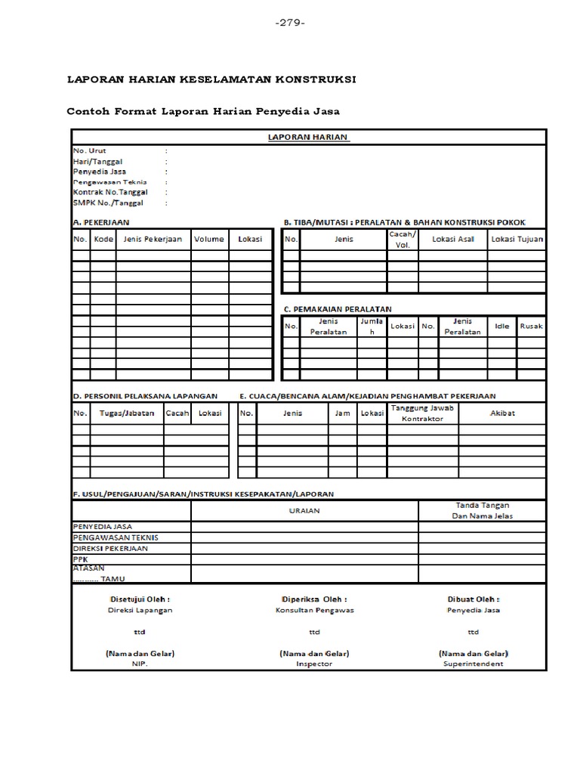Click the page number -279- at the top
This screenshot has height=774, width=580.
(x=290, y=22)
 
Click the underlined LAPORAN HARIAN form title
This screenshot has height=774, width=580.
(x=308, y=137)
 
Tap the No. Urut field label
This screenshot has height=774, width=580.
(x=90, y=151)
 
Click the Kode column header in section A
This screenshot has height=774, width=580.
(x=103, y=239)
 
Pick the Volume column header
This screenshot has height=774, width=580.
(x=208, y=239)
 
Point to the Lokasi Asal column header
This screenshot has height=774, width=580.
(x=452, y=239)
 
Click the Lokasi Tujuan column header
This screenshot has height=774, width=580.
(x=517, y=239)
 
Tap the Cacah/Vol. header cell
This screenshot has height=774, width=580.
(x=402, y=240)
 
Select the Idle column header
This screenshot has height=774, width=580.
(x=501, y=326)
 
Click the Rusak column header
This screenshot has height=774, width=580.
(x=532, y=326)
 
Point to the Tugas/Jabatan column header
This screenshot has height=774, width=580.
(x=126, y=413)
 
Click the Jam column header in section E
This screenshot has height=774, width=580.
(x=342, y=413)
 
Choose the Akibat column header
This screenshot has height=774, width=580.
(x=502, y=413)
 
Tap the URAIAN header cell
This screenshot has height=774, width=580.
(x=304, y=510)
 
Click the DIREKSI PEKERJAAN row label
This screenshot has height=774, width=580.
(x=110, y=549)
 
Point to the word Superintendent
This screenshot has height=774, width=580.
(x=474, y=664)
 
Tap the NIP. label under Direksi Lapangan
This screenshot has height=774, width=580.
(x=140, y=664)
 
